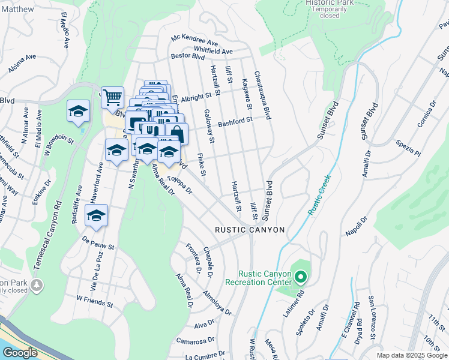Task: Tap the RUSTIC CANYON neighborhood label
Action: [250, 230]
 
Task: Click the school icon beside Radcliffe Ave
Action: [96, 215]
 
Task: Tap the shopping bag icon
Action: [176, 133]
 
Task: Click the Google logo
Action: [20, 353]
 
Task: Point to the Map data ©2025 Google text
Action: [412, 355]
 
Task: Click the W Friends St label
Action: [95, 301]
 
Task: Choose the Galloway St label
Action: [208, 126]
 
